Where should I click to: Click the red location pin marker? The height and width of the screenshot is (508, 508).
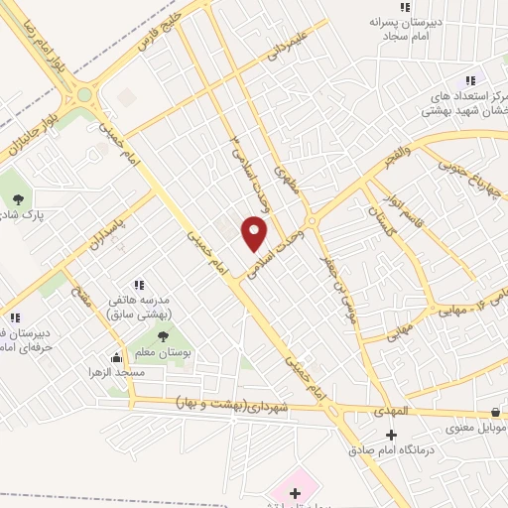pyautogui.click(x=255, y=234)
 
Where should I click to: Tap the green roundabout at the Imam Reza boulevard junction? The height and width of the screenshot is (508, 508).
pyautogui.click(x=84, y=96)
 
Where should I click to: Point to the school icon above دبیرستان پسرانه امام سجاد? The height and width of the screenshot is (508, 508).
pyautogui.click(x=405, y=7)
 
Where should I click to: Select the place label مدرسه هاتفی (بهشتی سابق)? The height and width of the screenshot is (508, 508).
pyautogui.click(x=138, y=308)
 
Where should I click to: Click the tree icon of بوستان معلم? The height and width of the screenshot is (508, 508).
pyautogui.click(x=162, y=336)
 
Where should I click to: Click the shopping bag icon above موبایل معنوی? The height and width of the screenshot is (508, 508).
pyautogui.click(x=494, y=412)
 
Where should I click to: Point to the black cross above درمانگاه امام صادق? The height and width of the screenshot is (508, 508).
pyautogui.click(x=390, y=435)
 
